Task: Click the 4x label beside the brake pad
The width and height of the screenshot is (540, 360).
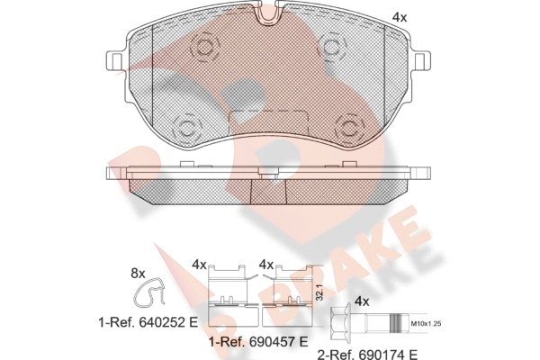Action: (400, 17)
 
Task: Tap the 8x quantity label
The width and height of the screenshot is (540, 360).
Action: (138, 274)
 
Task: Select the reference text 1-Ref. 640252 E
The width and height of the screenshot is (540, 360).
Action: (148, 322)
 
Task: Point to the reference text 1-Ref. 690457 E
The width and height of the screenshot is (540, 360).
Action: (258, 342)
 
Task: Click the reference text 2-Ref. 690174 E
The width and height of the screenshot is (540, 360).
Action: (367, 354)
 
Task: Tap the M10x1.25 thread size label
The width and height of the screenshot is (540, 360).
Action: (426, 323)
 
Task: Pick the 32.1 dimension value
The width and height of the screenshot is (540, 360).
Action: (319, 292)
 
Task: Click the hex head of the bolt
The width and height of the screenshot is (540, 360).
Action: (340, 323)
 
